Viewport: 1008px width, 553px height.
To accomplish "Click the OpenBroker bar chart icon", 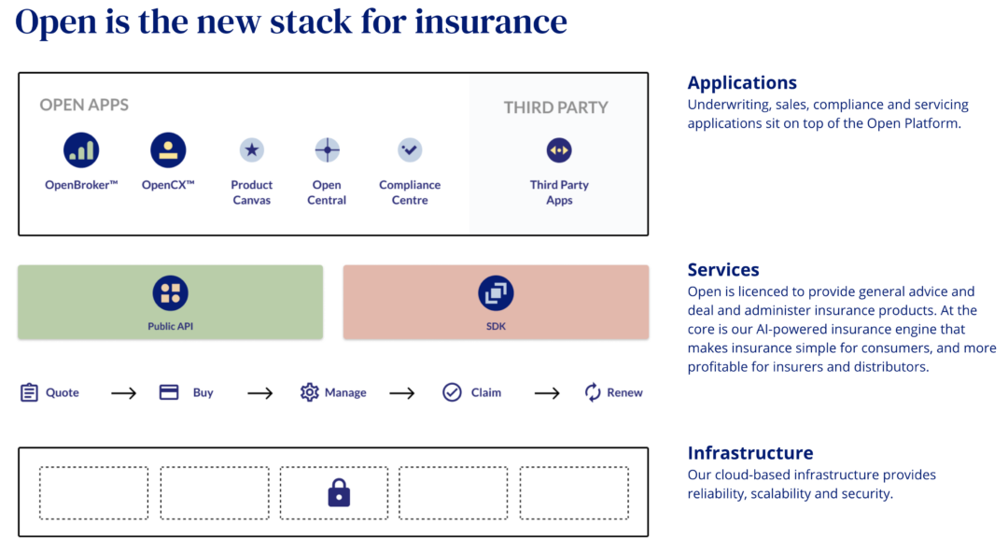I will [x=81, y=150].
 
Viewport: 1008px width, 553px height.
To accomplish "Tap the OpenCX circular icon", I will [x=168, y=150].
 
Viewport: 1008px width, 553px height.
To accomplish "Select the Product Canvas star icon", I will [x=251, y=150].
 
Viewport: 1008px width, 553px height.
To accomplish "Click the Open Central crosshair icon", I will [x=327, y=150].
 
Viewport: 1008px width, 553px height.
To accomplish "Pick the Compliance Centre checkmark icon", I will [x=410, y=150].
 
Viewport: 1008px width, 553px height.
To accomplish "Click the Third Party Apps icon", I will [x=559, y=150].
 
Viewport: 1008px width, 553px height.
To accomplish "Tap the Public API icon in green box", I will [x=170, y=293].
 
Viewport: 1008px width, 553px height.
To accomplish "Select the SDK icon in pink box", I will [x=496, y=293].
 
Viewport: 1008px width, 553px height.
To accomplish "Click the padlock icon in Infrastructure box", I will [x=339, y=493].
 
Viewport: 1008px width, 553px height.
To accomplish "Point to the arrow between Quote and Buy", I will [x=124, y=393].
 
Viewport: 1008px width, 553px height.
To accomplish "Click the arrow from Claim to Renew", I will [x=547, y=393].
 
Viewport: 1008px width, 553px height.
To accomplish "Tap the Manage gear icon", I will [x=310, y=392].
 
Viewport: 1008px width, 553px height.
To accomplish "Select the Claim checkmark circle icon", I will [x=453, y=392].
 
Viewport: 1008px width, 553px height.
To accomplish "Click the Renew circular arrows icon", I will [x=593, y=392].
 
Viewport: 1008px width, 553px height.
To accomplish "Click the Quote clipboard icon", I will [x=30, y=392].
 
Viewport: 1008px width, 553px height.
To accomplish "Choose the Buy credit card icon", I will [x=169, y=392].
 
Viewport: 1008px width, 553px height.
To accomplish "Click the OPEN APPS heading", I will [x=84, y=105].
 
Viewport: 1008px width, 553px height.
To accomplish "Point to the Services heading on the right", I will [x=723, y=270].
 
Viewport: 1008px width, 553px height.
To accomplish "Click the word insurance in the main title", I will [x=491, y=21].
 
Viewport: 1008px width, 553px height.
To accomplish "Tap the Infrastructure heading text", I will [x=750, y=453].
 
